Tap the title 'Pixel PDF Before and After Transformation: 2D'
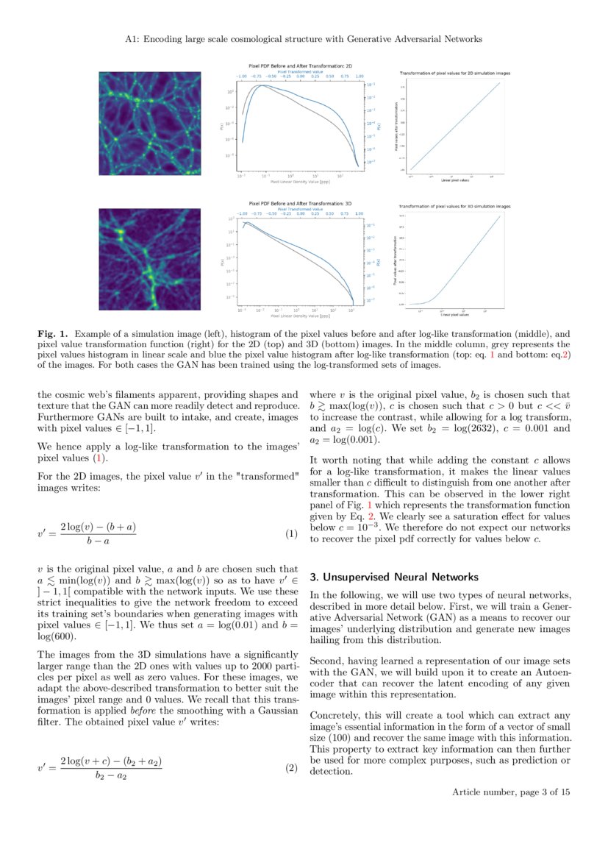tap(300, 65)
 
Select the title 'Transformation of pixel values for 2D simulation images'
tap(454, 74)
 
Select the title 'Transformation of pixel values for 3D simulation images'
tap(454, 207)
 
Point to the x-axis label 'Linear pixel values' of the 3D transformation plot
tap(456, 314)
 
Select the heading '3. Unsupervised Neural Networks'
tap(394, 576)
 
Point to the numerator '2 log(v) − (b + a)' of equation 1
tap(98, 527)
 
